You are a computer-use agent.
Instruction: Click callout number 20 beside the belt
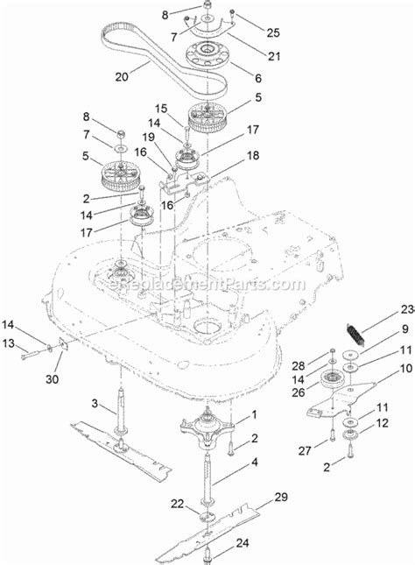coord(120,76)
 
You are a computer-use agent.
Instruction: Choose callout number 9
coord(381,329)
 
